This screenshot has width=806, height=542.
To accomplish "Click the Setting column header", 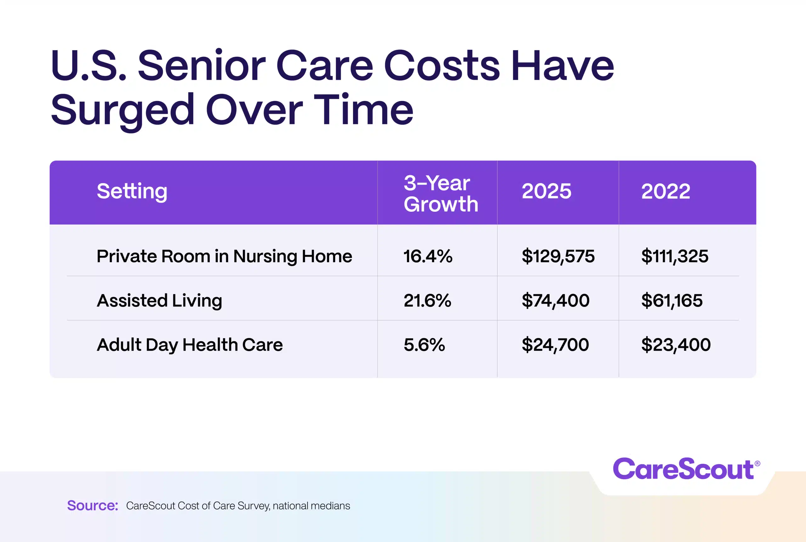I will click(x=132, y=191).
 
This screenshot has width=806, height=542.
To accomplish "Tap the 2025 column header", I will click(x=546, y=191).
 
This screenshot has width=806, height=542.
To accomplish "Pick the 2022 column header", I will click(x=666, y=191).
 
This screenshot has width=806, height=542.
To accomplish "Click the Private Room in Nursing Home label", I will click(x=224, y=256).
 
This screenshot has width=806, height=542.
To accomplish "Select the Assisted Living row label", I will click(x=159, y=300).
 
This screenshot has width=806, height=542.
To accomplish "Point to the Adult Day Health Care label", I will click(x=190, y=345).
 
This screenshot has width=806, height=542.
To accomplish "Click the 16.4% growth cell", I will click(x=428, y=256).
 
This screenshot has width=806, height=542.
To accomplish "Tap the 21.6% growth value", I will click(x=427, y=300).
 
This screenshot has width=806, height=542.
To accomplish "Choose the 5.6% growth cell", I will click(x=424, y=345).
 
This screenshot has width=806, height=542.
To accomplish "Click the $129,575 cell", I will click(x=558, y=256).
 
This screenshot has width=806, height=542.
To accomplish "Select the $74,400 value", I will click(x=555, y=300).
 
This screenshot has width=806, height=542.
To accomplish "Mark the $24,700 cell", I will click(x=555, y=345).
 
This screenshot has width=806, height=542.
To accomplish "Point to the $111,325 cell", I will click(x=674, y=256).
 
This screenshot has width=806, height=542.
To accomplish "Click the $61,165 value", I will click(x=672, y=300).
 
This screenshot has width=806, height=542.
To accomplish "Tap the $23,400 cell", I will click(x=676, y=345).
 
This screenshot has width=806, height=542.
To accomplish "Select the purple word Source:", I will click(x=93, y=505).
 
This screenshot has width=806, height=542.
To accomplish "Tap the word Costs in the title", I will click(x=441, y=66).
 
